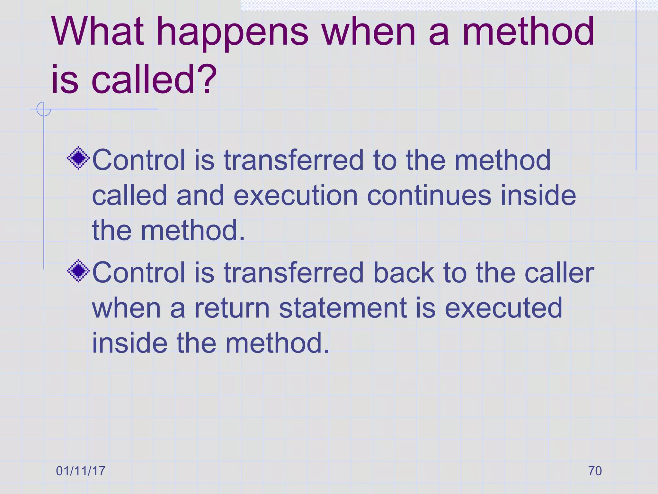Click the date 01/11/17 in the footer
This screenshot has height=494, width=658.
coord(81,471)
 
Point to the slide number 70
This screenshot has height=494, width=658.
coord(595,471)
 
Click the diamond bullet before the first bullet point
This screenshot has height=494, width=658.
coord(78,158)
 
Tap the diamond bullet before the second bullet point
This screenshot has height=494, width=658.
coord(78,271)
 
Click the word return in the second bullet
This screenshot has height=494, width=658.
coord(232,308)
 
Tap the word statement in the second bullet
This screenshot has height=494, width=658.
coord(343,308)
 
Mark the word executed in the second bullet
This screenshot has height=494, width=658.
coord(503,308)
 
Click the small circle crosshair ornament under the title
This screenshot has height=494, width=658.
coord(43,109)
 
